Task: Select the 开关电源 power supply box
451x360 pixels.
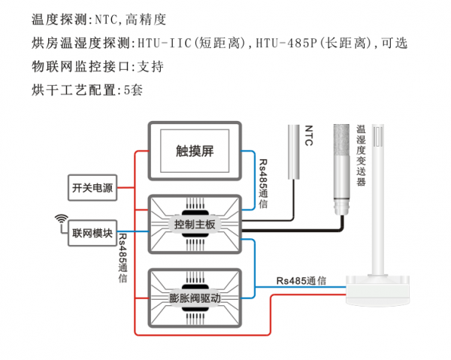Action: [x=92, y=188]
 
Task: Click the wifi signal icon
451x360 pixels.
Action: [x=60, y=219]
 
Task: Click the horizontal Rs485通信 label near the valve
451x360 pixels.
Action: [x=301, y=280]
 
